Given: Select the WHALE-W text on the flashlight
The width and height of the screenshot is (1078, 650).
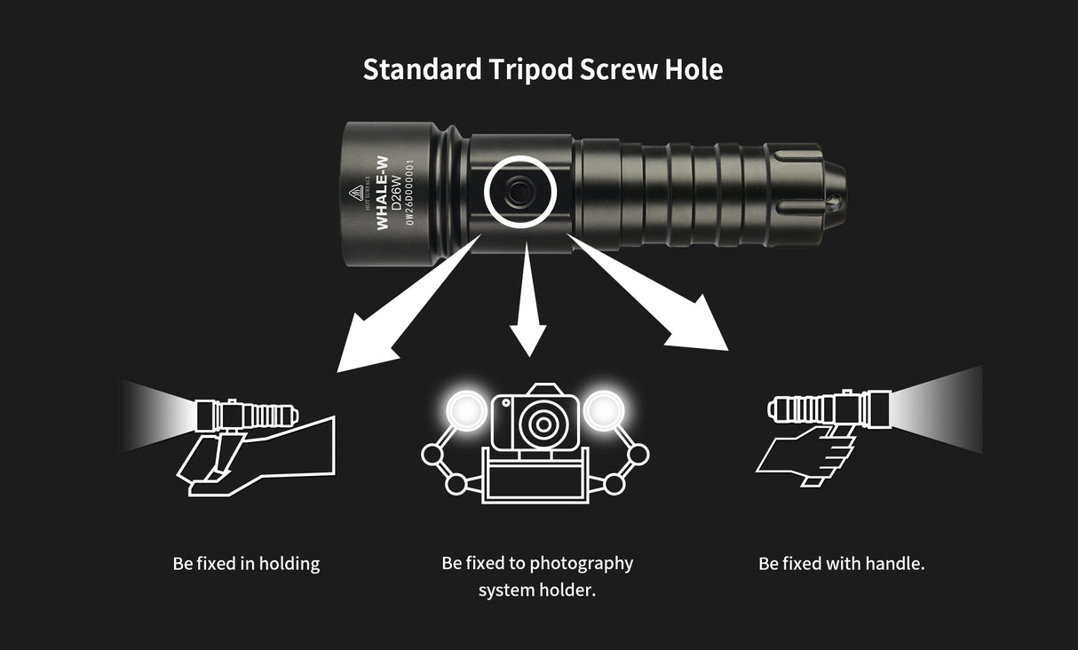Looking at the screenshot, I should tap(383, 193).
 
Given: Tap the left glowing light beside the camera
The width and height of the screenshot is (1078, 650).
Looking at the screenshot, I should tap(463, 409).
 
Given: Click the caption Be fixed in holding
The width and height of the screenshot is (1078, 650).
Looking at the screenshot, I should tap(246, 563).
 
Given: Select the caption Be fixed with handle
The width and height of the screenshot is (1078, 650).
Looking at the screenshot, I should tap(841, 563).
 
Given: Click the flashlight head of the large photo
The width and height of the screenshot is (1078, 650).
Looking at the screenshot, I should tap(390, 193).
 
